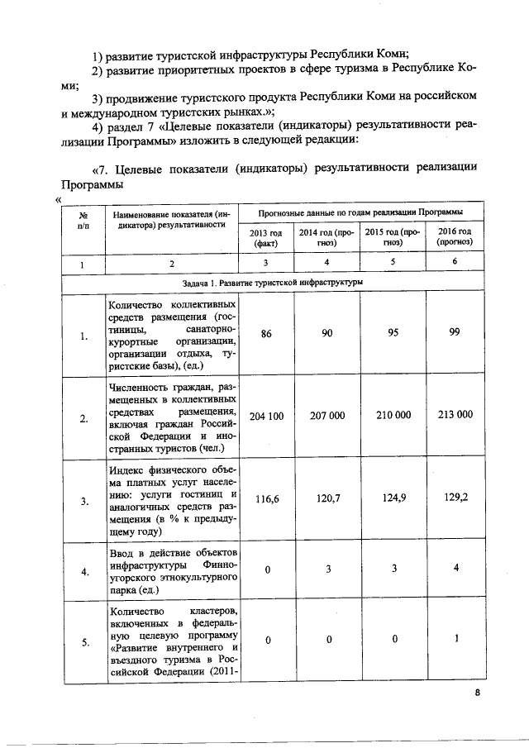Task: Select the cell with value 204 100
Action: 266,416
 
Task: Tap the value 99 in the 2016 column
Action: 455,332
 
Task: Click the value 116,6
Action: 266,500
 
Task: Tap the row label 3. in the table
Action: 84,500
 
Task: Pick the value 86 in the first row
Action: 266,334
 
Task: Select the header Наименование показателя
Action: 171,218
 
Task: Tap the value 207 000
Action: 327,416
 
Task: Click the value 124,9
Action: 392,499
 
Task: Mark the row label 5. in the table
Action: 84,641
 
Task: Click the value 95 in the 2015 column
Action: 392,333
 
